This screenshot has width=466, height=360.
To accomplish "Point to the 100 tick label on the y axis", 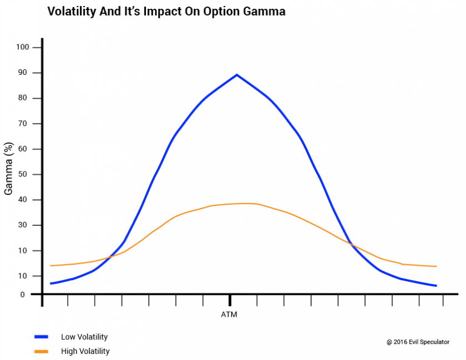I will pos(23,47).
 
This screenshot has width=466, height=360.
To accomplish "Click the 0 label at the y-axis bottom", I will pos(23,295).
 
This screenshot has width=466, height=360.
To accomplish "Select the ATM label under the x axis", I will pos(230,315).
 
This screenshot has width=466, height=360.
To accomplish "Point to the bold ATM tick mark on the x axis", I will pos(230,300).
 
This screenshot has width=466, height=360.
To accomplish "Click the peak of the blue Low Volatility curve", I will pos(237,74).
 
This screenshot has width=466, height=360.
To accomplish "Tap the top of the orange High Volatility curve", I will pos(244,204).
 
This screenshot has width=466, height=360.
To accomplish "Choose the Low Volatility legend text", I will pos(84,337).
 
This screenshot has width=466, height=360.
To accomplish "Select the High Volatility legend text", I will pos(85,351).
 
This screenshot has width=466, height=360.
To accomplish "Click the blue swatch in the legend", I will pos(42,337).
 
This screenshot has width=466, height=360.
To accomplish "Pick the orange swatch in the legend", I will pos(42,351).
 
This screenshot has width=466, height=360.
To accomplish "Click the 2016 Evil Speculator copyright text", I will pos(418,342).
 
